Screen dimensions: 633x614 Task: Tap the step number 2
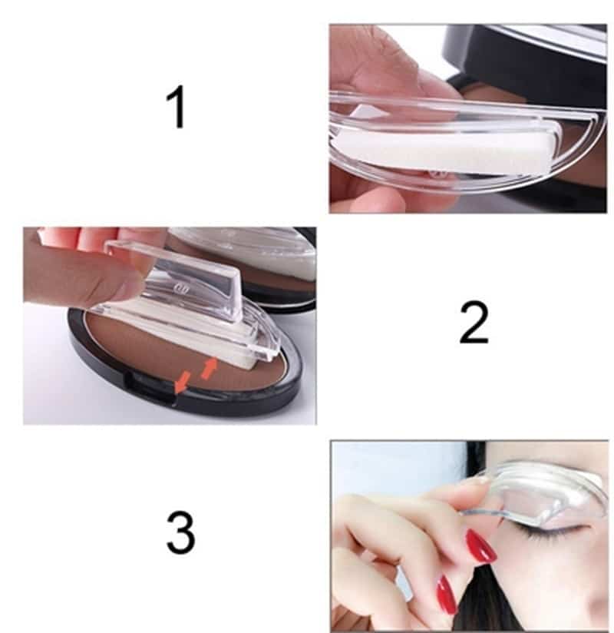pos(474,323)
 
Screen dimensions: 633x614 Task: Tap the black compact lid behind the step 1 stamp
pos(530,54)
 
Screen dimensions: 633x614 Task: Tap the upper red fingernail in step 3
pos(481,546)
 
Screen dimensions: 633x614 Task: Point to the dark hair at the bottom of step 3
pos(491,615)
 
